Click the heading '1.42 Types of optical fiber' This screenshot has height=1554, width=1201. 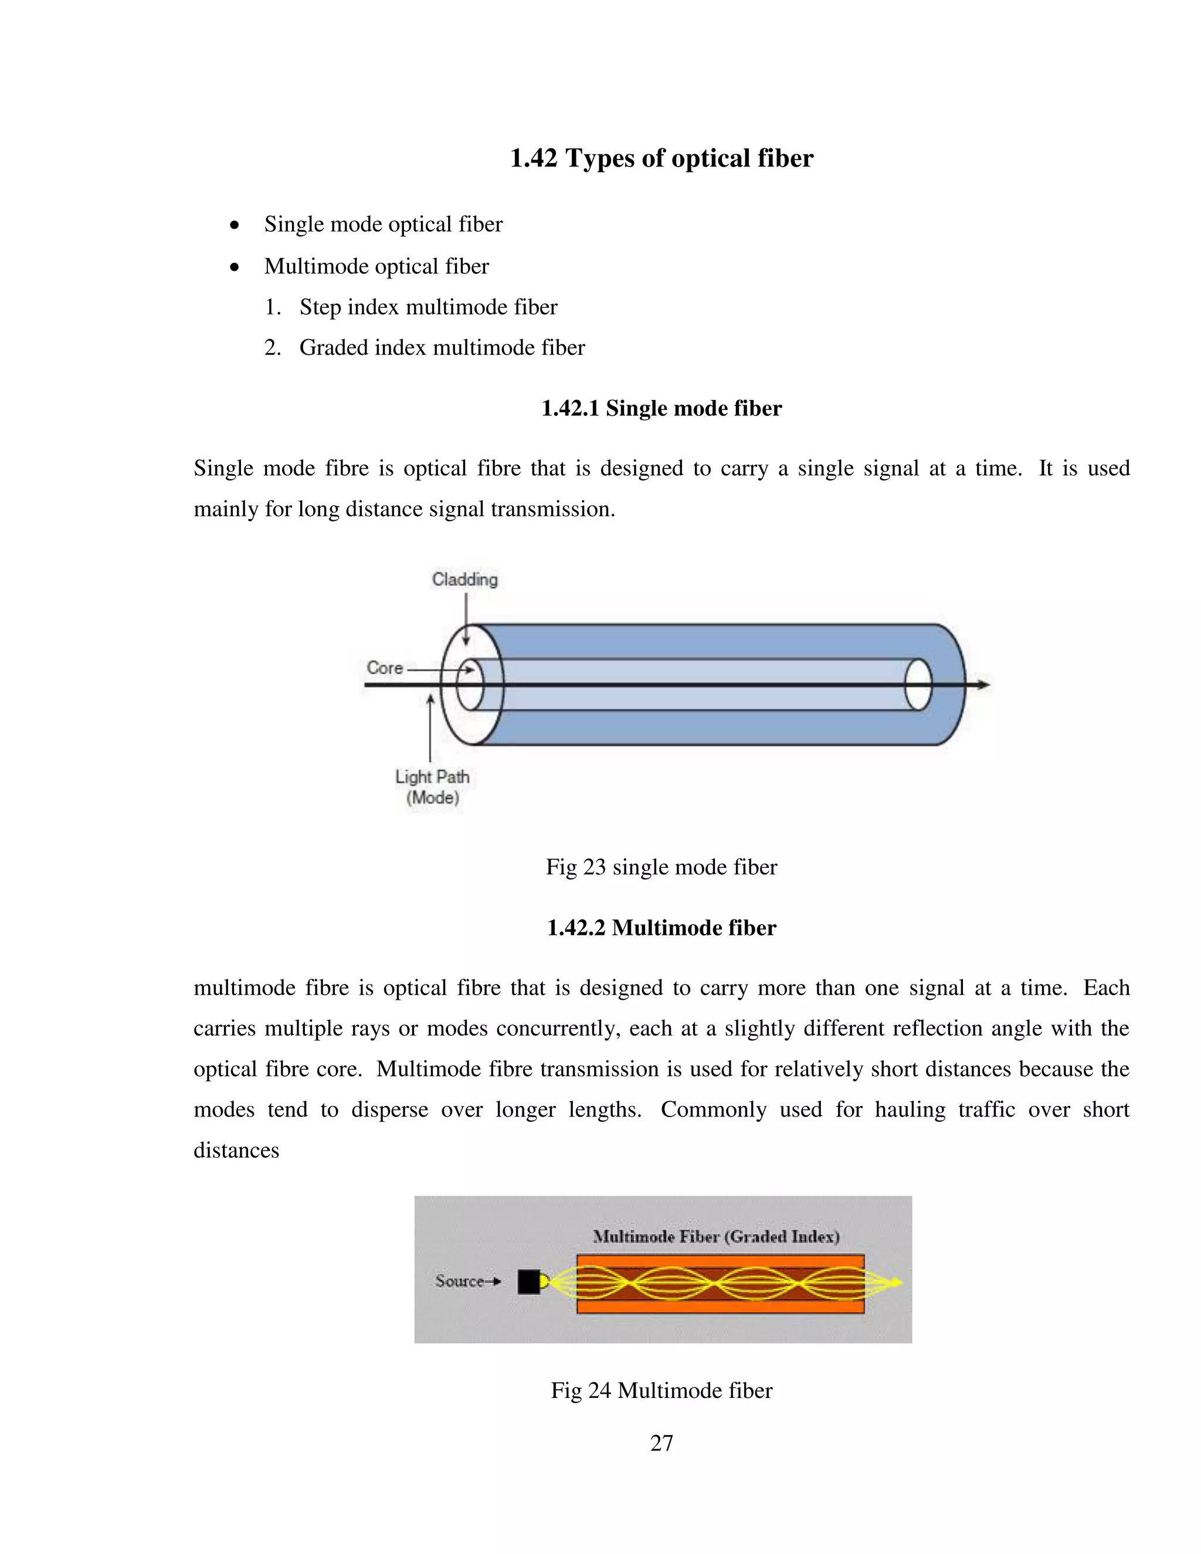point(661,158)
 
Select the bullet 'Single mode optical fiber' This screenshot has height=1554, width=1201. point(383,224)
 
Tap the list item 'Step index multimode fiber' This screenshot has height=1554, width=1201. point(428,307)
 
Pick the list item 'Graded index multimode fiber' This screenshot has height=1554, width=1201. point(441,347)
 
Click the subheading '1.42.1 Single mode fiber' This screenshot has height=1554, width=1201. point(661,408)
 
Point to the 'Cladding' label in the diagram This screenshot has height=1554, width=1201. point(464,579)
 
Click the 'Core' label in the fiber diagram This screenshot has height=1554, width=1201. point(385,667)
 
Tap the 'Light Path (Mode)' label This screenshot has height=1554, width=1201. point(432,787)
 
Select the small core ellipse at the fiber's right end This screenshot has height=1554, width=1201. point(918,684)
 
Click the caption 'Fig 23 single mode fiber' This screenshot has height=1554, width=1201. point(661,867)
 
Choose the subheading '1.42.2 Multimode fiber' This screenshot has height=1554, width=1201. point(661,928)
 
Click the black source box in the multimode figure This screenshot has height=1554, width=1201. point(528,1281)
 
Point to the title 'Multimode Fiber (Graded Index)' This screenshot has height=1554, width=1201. point(716,1236)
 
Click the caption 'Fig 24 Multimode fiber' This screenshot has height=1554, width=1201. point(661,1390)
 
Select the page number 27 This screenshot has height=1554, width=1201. point(661,1443)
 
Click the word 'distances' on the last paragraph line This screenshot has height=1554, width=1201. point(236,1151)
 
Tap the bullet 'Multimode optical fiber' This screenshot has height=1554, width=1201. point(376,266)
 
